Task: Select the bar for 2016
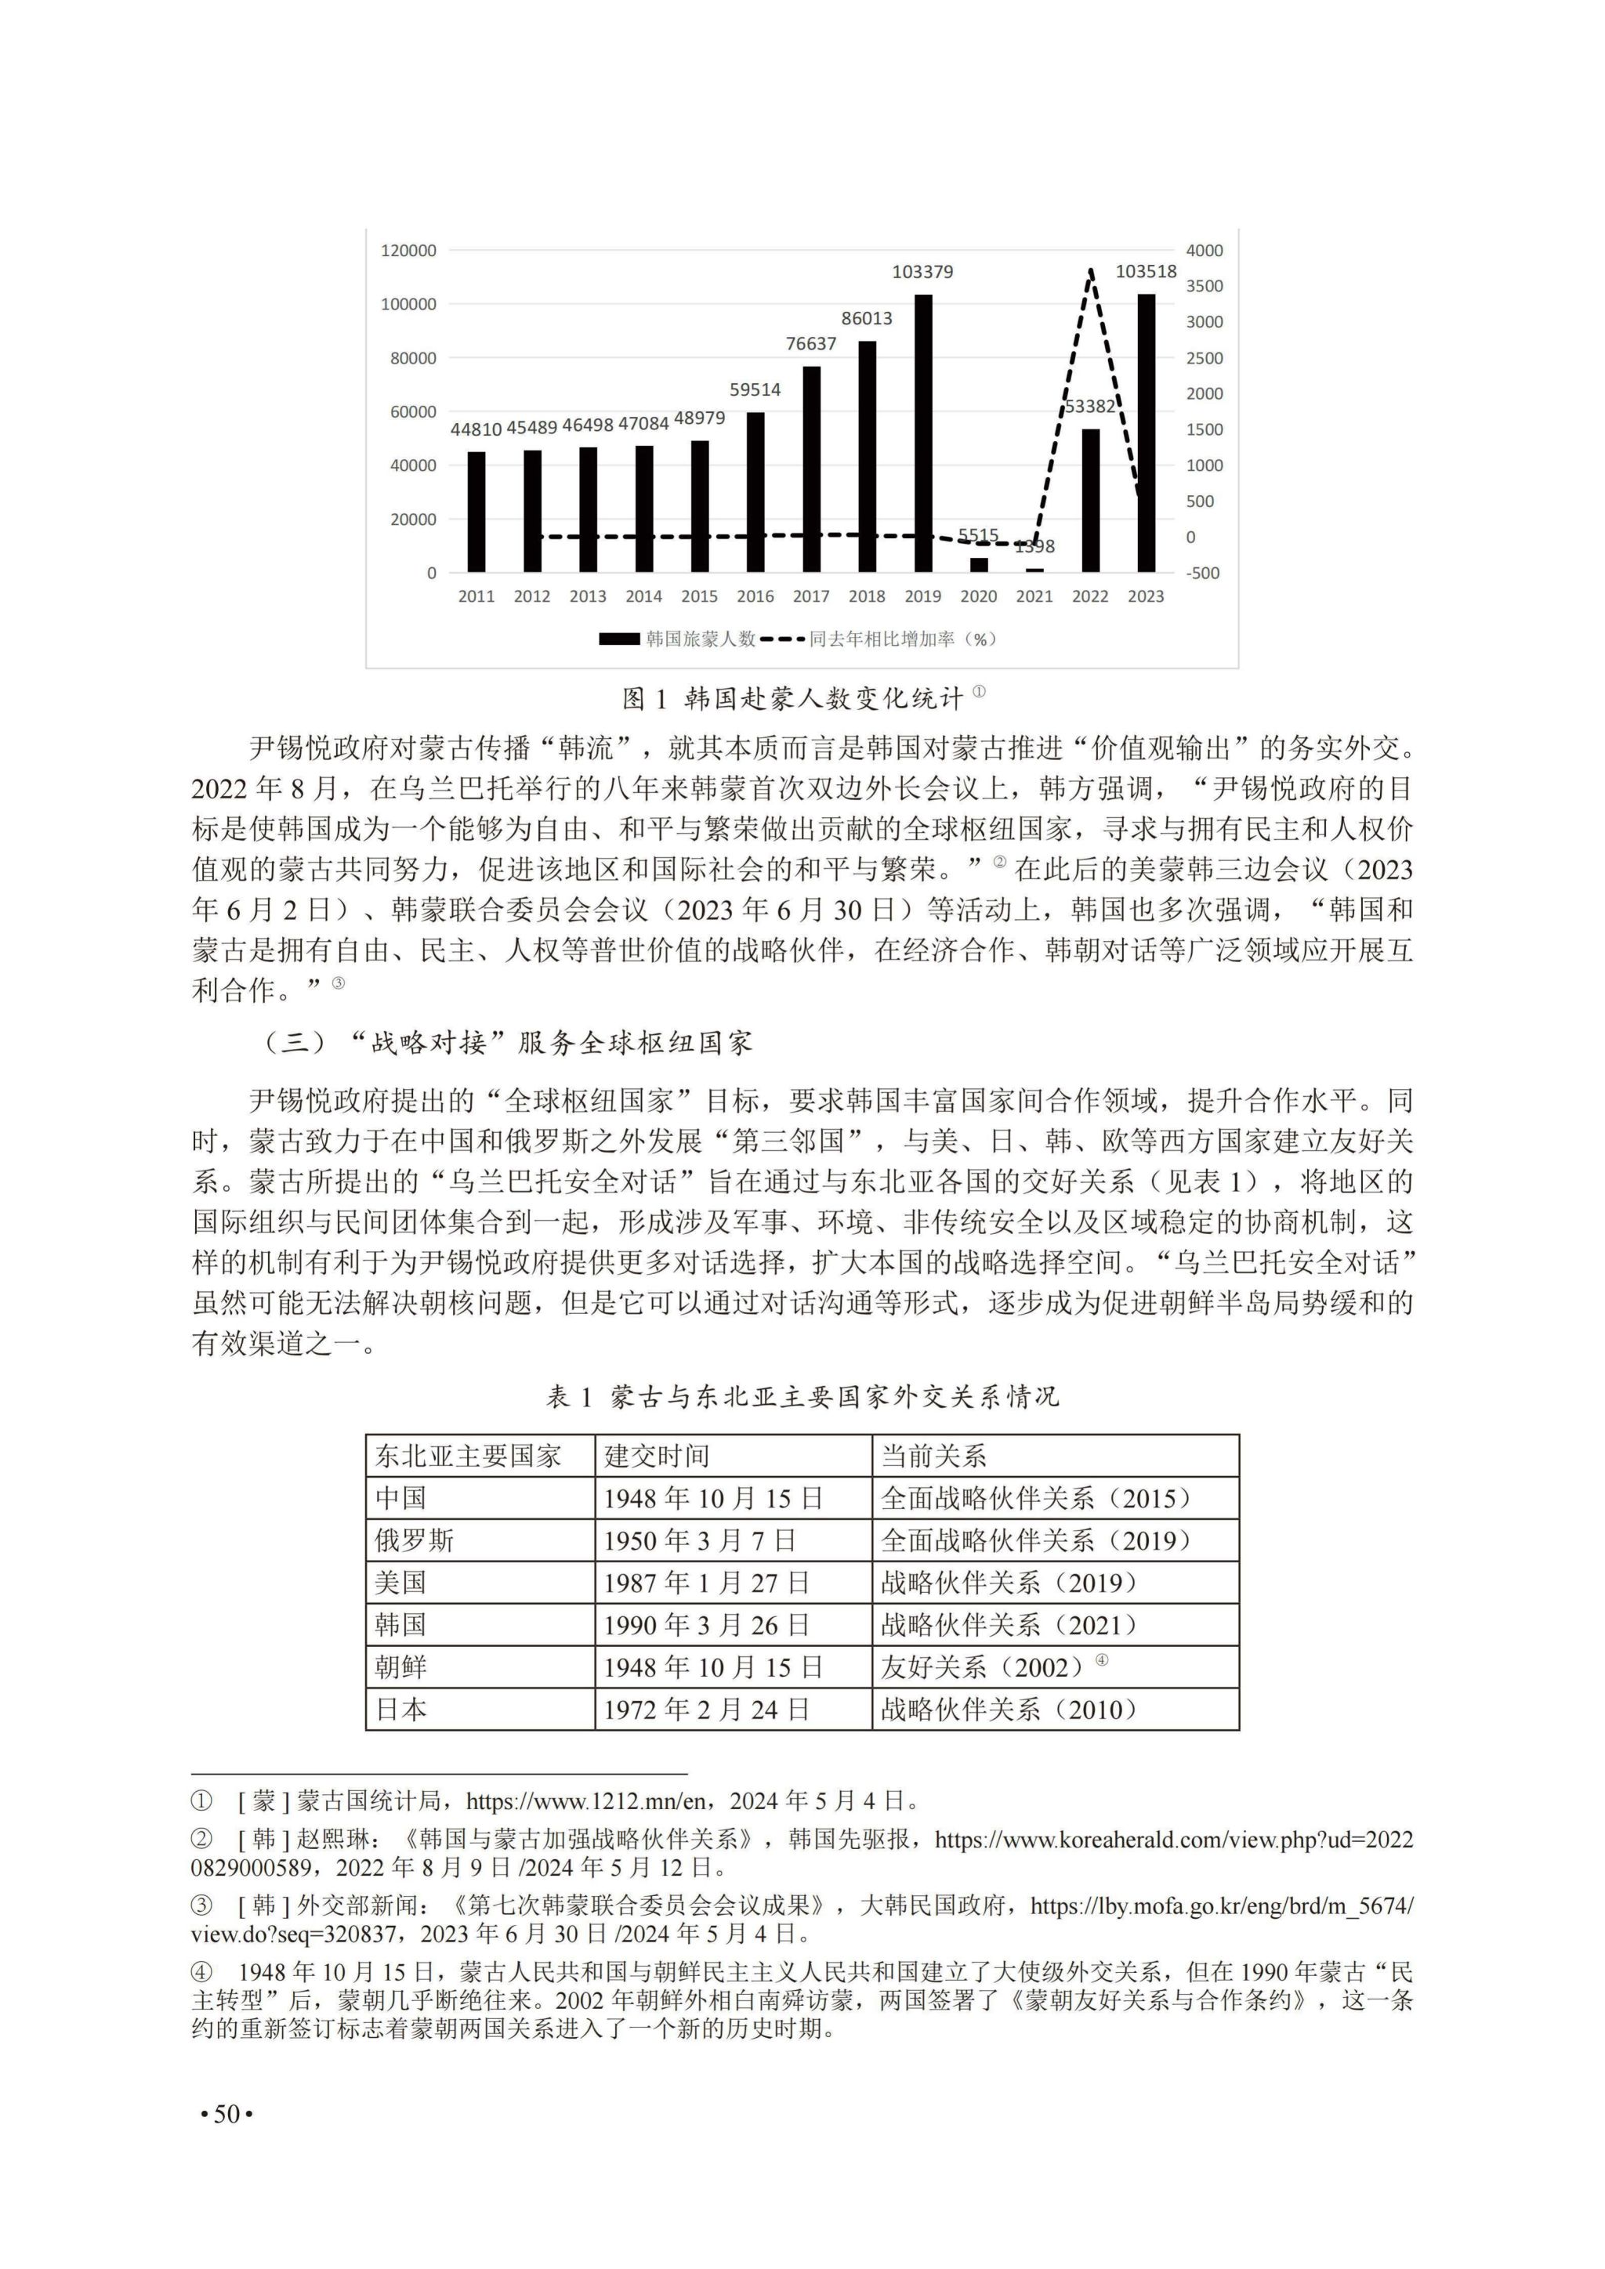755,492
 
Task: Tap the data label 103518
1146,272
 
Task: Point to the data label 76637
810,344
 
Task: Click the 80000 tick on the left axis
413,358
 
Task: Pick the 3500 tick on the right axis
1204,287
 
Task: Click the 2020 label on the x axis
978,597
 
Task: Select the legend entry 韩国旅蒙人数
678,639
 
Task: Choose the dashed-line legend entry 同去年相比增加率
882,639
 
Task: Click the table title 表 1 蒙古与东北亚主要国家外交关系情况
802,1396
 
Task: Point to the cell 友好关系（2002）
984,1668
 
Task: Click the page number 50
227,2115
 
